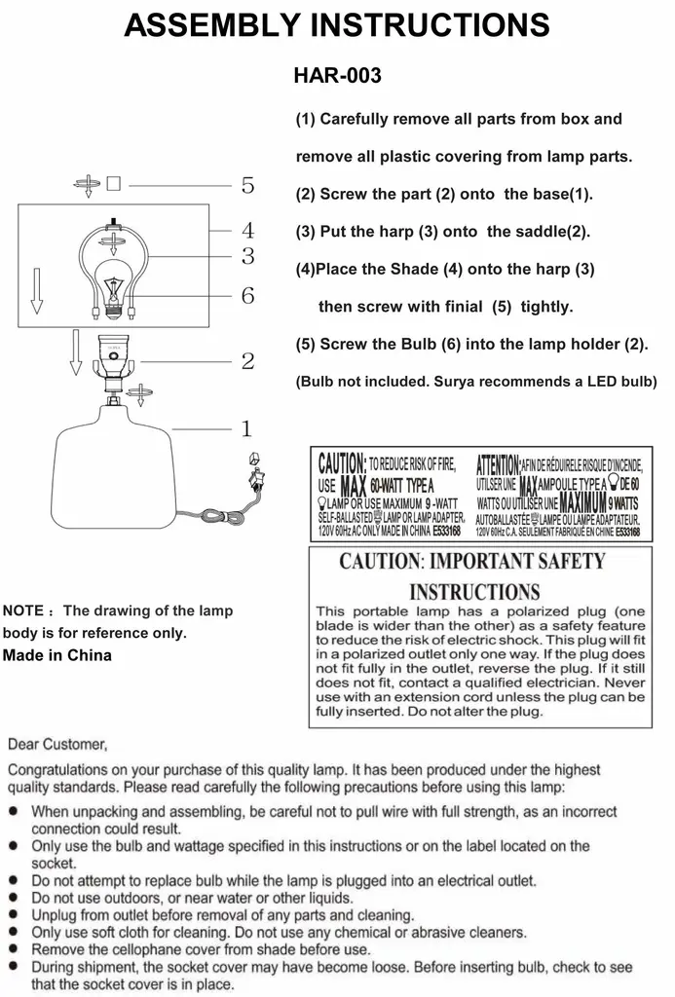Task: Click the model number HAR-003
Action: (x=337, y=75)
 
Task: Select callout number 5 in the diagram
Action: (x=247, y=185)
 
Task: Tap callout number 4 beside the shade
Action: (x=247, y=231)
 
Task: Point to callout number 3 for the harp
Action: (x=247, y=257)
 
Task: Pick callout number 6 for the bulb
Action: (x=247, y=295)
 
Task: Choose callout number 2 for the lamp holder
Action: (x=247, y=362)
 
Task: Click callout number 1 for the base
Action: (x=247, y=428)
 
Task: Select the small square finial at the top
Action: (x=113, y=183)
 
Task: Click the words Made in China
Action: (x=57, y=655)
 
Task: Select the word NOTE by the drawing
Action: (x=23, y=611)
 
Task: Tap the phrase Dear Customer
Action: (x=57, y=745)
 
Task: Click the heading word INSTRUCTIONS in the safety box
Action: (x=474, y=591)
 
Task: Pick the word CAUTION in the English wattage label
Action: (x=342, y=463)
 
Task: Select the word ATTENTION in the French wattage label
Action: (x=498, y=463)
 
